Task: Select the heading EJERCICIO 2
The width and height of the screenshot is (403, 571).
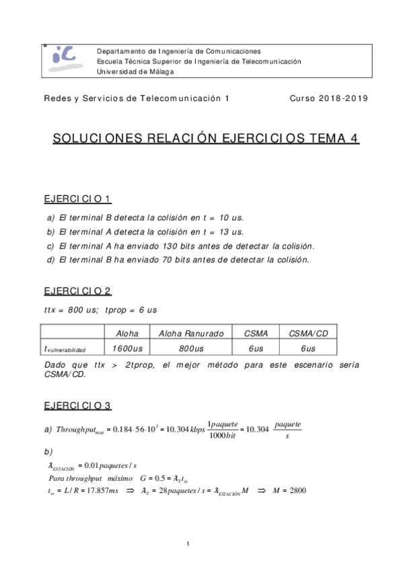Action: coord(77,292)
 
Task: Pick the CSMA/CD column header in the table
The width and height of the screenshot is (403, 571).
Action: coord(307,333)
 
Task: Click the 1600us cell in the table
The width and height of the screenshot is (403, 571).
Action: coord(127,348)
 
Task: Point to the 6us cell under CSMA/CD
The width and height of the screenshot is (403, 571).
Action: coord(307,348)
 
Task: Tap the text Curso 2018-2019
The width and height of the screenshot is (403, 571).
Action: coord(329,98)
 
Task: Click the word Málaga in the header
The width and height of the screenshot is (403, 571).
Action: coord(159,71)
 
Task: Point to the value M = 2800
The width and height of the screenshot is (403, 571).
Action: coord(289,491)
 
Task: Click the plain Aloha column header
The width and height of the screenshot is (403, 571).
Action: coord(127,333)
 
